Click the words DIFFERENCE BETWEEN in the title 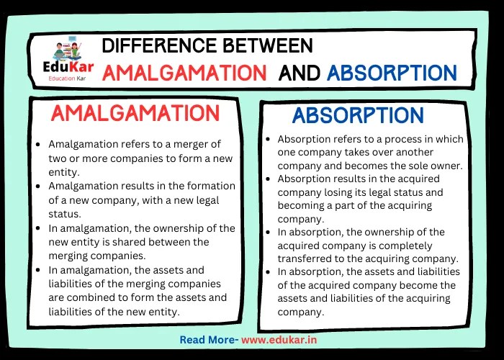(x=207, y=47)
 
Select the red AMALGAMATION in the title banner (x=184, y=73)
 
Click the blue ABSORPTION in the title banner (x=391, y=73)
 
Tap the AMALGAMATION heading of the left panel (x=135, y=114)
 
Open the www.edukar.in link (x=282, y=340)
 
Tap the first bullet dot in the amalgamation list (x=38, y=145)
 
